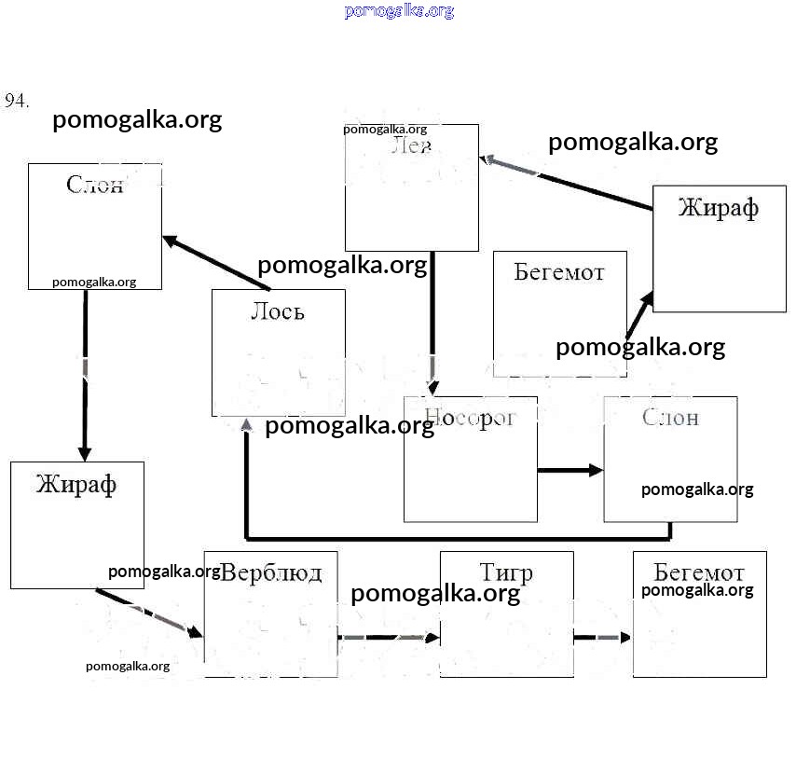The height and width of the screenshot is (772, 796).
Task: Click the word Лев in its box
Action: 411,145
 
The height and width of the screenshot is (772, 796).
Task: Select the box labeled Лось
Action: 278,352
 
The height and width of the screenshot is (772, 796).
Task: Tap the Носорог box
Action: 470,459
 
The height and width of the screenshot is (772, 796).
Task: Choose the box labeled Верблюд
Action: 270,613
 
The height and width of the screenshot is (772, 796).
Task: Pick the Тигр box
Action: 506,613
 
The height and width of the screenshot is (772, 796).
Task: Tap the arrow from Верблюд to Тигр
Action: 388,638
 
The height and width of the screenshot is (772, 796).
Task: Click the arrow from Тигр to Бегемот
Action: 602,638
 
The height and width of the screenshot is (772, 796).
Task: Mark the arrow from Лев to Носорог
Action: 433,323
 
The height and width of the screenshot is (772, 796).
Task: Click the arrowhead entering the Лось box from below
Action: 247,425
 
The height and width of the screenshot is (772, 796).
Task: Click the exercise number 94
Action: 17,101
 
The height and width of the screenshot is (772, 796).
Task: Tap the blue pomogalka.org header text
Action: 399,11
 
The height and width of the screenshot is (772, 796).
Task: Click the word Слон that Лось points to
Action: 94,184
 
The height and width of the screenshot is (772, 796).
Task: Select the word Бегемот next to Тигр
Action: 699,572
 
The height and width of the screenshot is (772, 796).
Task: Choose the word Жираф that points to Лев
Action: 718,207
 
